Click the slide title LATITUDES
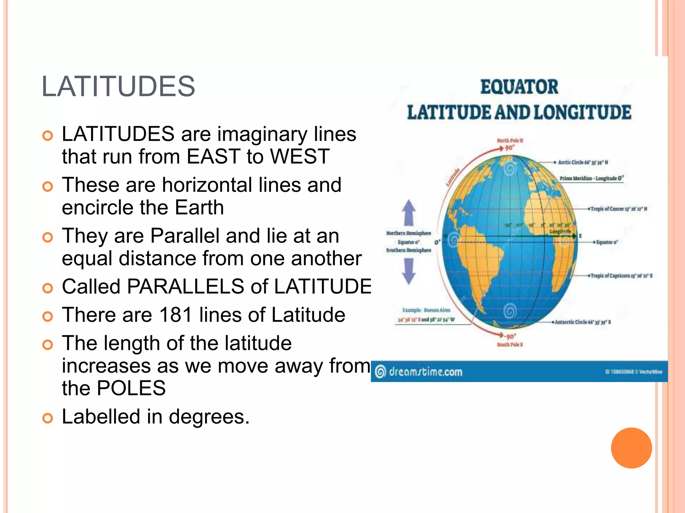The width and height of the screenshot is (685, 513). pos(118,87)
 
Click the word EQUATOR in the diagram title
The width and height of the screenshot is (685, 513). pos(519,87)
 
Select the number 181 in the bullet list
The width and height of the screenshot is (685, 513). pos(176,315)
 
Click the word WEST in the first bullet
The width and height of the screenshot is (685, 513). pos(300,156)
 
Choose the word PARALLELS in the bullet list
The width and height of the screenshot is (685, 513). pos(186,287)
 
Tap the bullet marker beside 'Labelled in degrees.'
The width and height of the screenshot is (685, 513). pos(48,418)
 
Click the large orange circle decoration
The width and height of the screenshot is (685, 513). pos(631,448)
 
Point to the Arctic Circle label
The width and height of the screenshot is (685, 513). pos(583,162)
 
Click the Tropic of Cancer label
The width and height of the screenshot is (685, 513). pos(619,209)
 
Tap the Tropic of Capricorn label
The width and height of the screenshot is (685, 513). pos(621,276)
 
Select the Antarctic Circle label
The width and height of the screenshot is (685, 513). pos(583,322)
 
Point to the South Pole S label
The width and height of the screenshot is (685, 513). pos(509,344)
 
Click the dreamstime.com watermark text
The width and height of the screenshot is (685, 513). pos(425,372)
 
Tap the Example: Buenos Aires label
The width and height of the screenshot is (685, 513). pos(426,310)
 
